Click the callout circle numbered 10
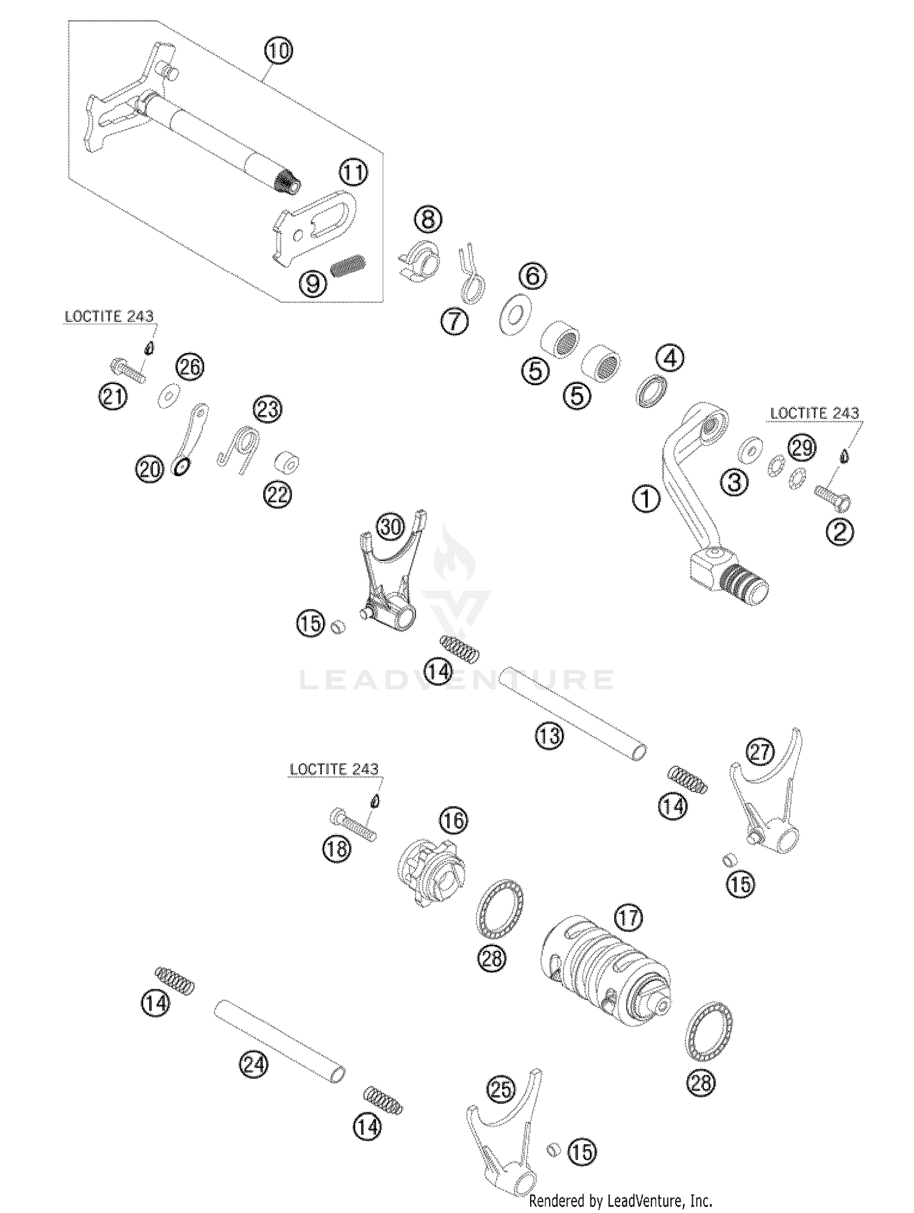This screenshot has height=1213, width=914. point(278,51)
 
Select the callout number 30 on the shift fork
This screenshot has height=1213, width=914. point(391,526)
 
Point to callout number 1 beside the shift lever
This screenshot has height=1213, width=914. point(647,499)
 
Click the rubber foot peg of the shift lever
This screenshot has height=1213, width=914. point(745,583)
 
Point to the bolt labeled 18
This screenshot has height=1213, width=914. point(353,825)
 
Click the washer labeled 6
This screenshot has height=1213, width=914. point(514,314)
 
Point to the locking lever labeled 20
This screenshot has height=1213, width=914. point(190,439)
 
